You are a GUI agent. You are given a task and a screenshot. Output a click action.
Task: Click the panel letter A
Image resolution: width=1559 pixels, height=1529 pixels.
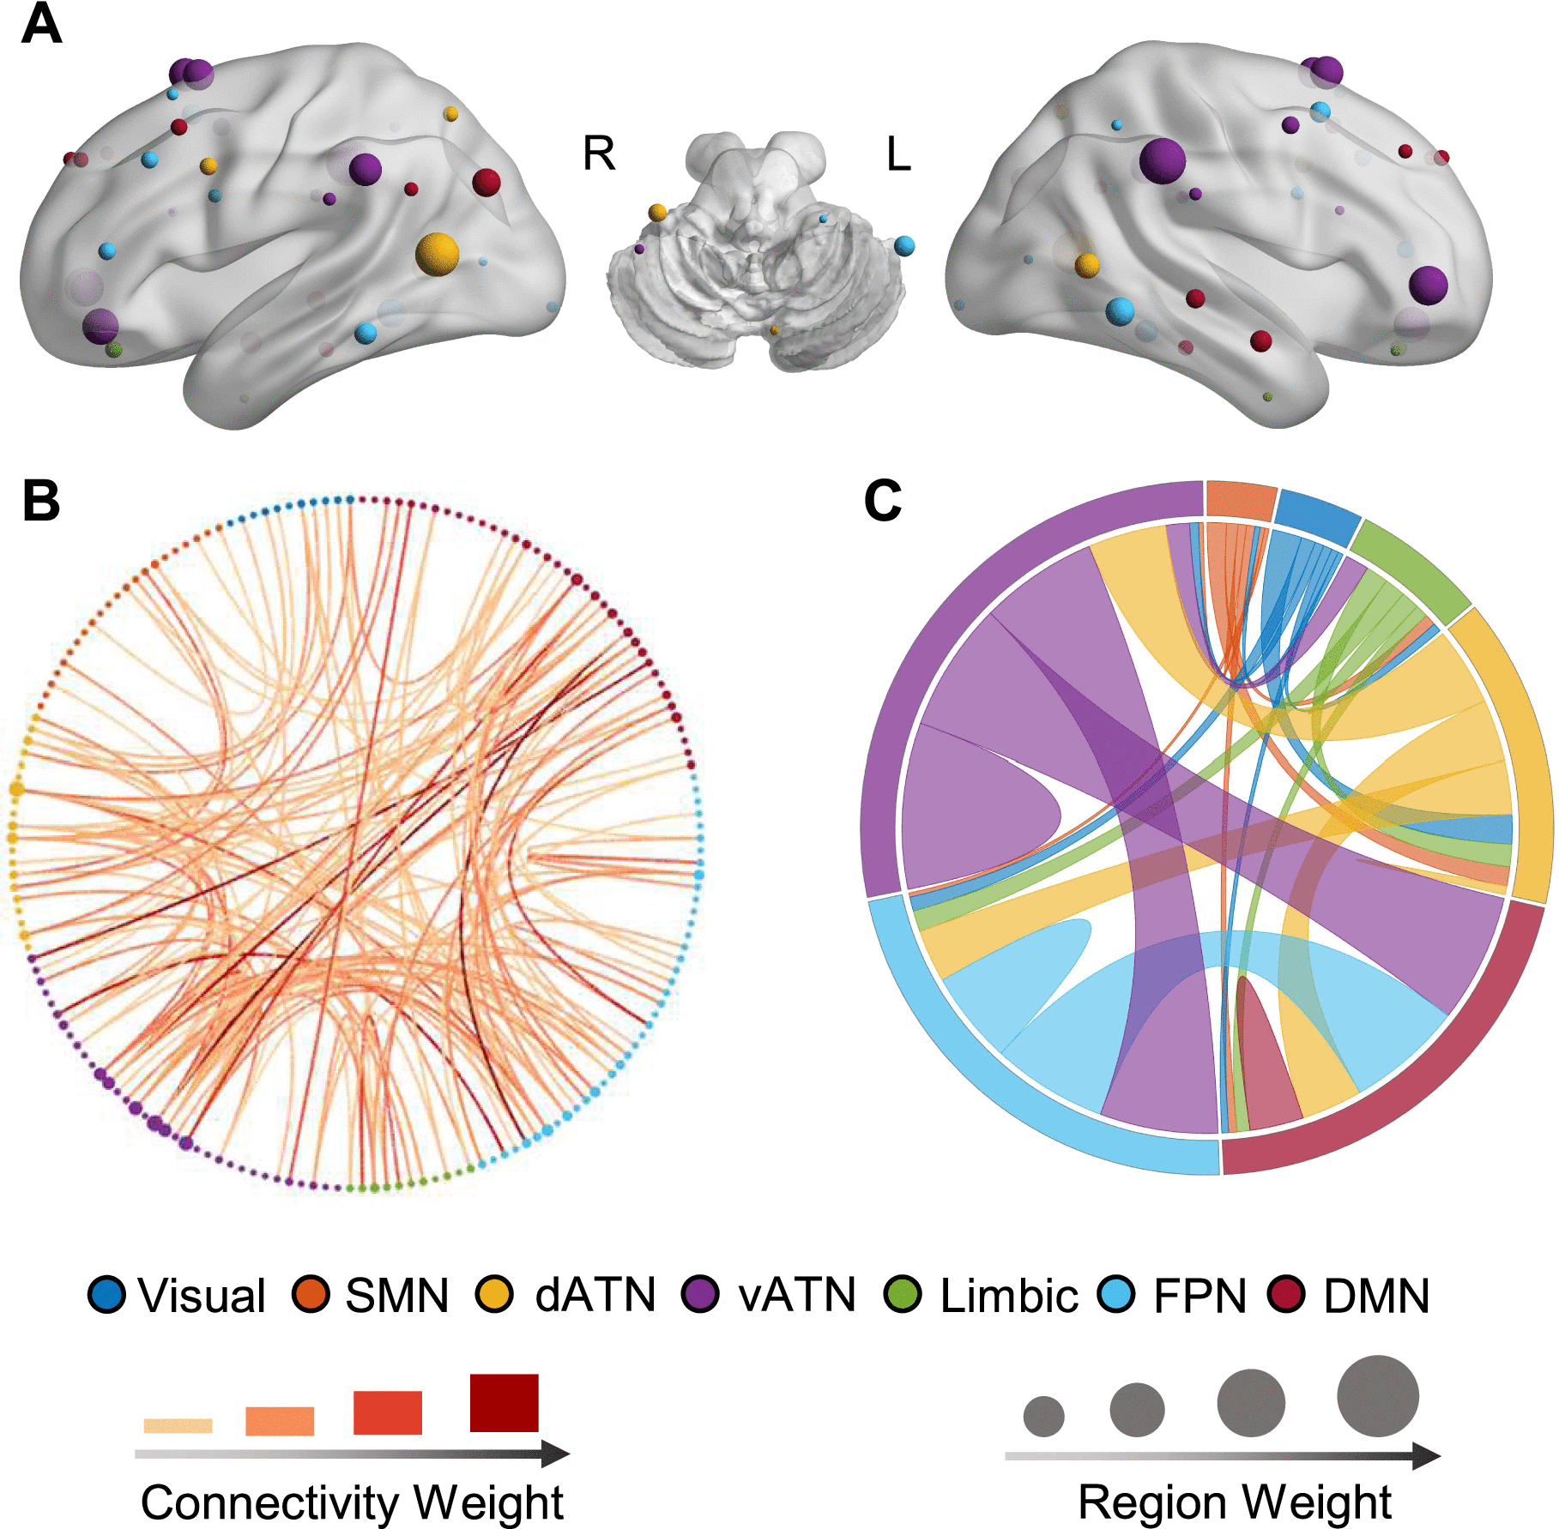(41, 24)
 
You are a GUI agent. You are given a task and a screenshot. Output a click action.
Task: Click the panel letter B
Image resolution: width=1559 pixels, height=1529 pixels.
(41, 500)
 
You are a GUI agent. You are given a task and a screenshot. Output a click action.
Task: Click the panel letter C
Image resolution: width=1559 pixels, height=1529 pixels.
(883, 500)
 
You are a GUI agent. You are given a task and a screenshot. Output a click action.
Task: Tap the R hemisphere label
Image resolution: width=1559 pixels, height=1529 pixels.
(599, 154)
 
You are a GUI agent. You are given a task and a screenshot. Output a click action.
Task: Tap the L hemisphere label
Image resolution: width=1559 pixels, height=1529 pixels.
(898, 154)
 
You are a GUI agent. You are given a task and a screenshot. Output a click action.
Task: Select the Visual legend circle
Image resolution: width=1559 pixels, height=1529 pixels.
(106, 1294)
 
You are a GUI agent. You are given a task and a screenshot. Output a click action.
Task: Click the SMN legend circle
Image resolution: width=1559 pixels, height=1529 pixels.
(311, 1294)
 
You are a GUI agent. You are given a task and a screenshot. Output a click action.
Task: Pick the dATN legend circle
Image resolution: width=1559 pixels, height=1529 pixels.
(495, 1294)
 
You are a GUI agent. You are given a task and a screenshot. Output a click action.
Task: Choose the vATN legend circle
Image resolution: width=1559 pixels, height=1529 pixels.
(700, 1294)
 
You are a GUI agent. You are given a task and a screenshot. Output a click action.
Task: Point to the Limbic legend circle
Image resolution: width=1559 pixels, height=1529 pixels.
(903, 1294)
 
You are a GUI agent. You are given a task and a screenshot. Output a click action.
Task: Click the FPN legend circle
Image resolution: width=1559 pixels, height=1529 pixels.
(1116, 1294)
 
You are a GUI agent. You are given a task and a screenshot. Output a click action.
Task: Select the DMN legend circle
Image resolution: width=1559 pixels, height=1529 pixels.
(1286, 1294)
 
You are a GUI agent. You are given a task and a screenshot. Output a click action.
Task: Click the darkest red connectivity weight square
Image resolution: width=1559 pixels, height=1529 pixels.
(505, 1403)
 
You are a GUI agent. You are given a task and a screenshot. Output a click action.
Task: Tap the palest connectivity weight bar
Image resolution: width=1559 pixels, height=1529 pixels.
(178, 1425)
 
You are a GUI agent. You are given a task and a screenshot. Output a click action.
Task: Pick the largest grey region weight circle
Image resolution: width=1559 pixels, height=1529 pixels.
(1378, 1396)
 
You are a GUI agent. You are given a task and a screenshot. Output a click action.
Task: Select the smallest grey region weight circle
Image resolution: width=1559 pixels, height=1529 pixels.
(1043, 1416)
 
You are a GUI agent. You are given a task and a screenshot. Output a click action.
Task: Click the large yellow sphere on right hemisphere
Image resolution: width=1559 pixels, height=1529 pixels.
(438, 254)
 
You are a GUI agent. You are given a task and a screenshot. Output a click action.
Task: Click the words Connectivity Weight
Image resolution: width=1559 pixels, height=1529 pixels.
(352, 1502)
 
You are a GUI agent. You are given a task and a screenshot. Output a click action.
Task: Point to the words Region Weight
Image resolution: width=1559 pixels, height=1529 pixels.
(1235, 1502)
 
